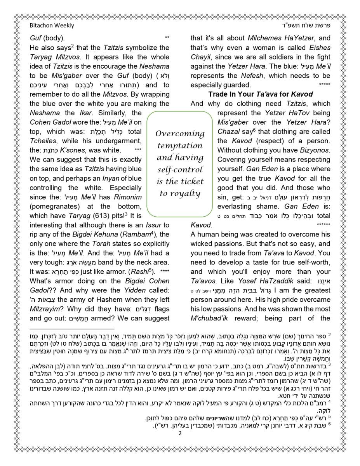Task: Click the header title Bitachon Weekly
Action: point(52,26)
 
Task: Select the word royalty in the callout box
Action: point(186,194)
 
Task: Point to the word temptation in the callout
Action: point(180,146)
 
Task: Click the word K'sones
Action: point(77,150)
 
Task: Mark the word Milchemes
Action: point(263,38)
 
